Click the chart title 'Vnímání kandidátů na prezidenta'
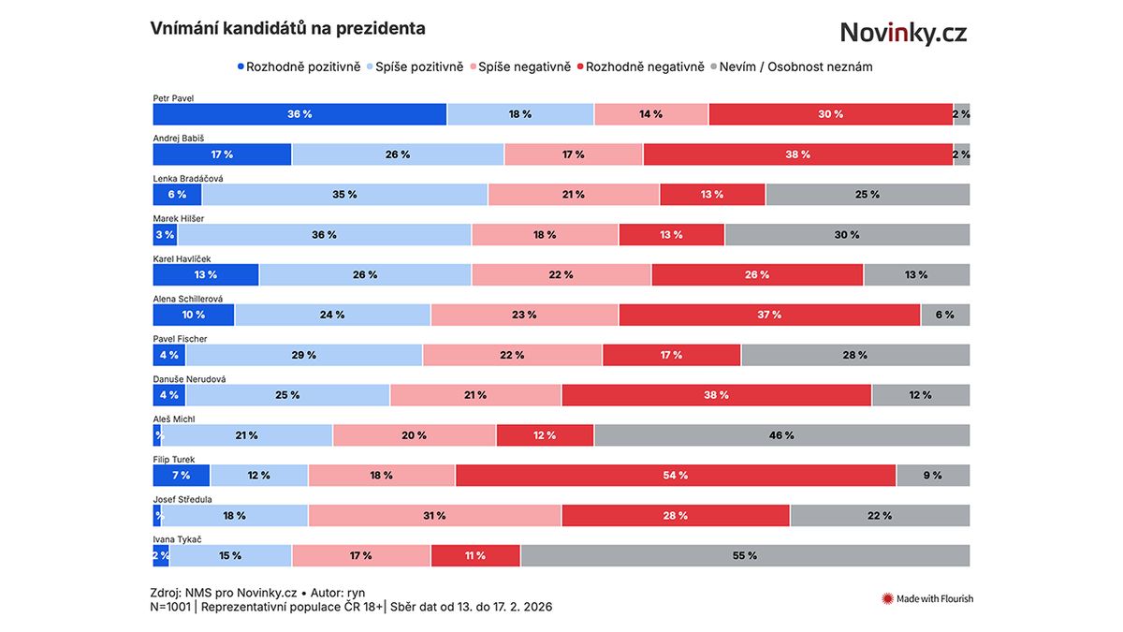pos(287,29)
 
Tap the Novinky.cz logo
pos(902,33)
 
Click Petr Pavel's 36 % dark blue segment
pos(299,114)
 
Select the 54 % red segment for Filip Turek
pos(676,476)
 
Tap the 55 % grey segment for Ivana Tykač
pos(745,556)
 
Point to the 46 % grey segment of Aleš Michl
pos(781,435)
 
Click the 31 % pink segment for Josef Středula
pos(434,516)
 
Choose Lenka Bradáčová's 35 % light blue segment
pos(344,195)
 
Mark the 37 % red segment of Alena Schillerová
pos(769,315)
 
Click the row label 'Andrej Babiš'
pos(179,138)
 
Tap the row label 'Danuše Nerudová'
pos(189,379)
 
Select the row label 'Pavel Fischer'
pos(181,339)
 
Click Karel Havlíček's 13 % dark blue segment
pos(206,274)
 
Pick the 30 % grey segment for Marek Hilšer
pos(847,235)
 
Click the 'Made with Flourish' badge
pos(927,598)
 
